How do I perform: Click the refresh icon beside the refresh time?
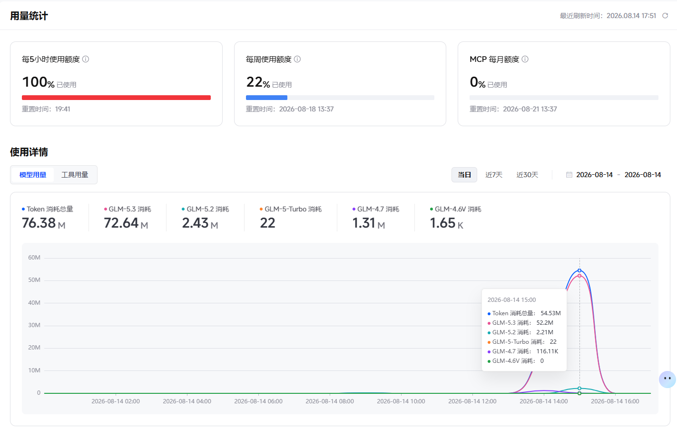click(665, 15)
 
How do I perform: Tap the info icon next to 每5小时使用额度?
click(86, 59)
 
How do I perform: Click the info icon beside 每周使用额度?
click(297, 59)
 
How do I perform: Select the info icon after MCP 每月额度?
click(525, 59)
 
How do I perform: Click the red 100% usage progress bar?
click(116, 98)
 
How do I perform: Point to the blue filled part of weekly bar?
click(266, 98)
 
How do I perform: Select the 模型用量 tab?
click(33, 175)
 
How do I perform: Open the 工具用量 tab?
click(75, 175)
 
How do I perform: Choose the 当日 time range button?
click(464, 175)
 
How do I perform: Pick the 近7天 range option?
click(494, 175)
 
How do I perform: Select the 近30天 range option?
click(527, 175)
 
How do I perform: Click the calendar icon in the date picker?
click(569, 175)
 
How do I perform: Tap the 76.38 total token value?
click(39, 223)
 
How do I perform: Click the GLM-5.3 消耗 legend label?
click(130, 209)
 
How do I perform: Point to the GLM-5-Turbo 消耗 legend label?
click(293, 209)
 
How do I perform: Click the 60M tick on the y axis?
click(34, 258)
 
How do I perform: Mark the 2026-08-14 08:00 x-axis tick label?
click(329, 401)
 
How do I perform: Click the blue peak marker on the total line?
click(579, 270)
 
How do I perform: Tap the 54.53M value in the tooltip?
click(550, 313)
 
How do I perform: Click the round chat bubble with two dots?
click(667, 379)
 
